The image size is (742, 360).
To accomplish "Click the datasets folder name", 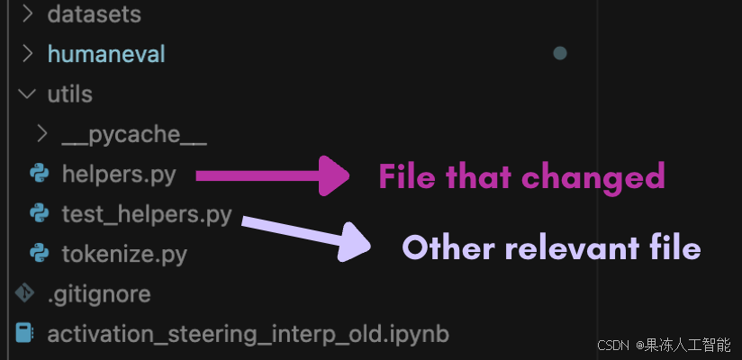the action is pyautogui.click(x=94, y=14).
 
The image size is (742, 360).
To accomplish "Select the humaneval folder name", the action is pyautogui.click(x=106, y=54).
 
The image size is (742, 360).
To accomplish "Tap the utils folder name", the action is pyautogui.click(x=69, y=94).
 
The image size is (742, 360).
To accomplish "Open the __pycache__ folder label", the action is pyautogui.click(x=134, y=135).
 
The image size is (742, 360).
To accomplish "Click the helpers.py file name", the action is pyautogui.click(x=119, y=175).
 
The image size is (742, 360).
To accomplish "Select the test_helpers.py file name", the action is pyautogui.click(x=147, y=214).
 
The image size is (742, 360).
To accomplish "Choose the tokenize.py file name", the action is pyautogui.click(x=124, y=254).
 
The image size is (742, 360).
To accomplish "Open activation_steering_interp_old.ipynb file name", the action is pyautogui.click(x=248, y=334).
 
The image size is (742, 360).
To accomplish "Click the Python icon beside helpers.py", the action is pyautogui.click(x=39, y=174).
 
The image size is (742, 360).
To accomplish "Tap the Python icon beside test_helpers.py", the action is pyautogui.click(x=39, y=213).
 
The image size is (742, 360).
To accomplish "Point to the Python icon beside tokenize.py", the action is pyautogui.click(x=39, y=254).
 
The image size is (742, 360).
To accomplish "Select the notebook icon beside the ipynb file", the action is pyautogui.click(x=24, y=334).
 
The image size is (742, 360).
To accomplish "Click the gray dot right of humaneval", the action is pyautogui.click(x=559, y=54).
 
